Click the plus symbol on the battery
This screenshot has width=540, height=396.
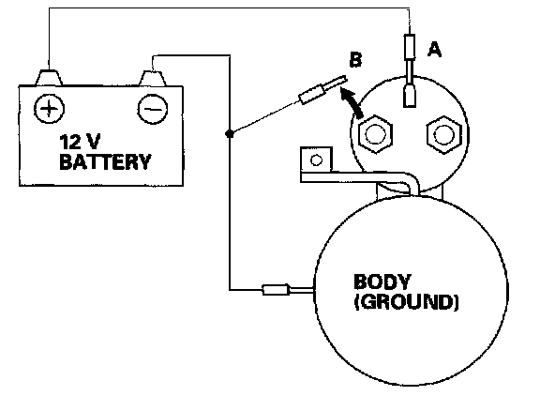click(x=49, y=109)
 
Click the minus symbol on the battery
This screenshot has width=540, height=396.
click(x=153, y=109)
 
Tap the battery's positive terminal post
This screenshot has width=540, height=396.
click(x=49, y=77)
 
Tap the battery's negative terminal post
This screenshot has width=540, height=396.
click(x=153, y=78)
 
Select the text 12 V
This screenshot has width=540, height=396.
click(x=80, y=142)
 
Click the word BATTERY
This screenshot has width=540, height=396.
click(x=105, y=161)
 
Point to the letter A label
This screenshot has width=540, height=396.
click(x=434, y=49)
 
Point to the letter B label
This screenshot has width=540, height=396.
click(x=355, y=59)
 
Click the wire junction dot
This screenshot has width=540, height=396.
click(x=230, y=133)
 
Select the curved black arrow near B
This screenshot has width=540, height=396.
click(x=351, y=101)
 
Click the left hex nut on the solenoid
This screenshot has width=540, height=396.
click(x=375, y=134)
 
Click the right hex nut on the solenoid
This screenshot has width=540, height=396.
click(x=443, y=135)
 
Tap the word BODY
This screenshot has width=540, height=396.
click(x=382, y=282)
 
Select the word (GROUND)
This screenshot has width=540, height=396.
click(x=406, y=302)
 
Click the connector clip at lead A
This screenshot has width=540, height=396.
click(x=410, y=47)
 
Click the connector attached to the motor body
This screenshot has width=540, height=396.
click(x=276, y=290)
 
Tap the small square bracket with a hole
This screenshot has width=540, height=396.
click(x=316, y=160)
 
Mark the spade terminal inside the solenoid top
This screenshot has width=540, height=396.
click(x=410, y=96)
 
